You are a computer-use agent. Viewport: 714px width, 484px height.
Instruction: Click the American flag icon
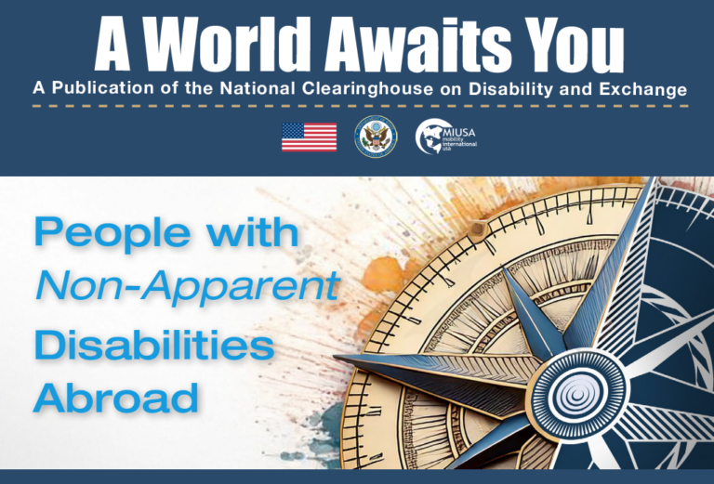(x=309, y=137)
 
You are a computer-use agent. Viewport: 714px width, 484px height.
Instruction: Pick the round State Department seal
(x=376, y=137)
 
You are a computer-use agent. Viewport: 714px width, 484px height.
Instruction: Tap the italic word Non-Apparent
(x=186, y=288)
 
